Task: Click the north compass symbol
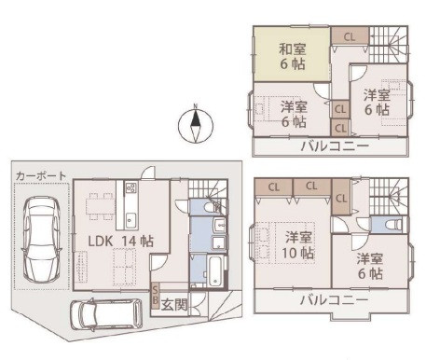pyautogui.click(x=196, y=125)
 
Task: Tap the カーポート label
pyautogui.click(x=41, y=176)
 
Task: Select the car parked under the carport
pyautogui.click(x=41, y=240)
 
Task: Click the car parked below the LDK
pyautogui.click(x=106, y=314)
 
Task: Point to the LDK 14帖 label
pyautogui.click(x=121, y=242)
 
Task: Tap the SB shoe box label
pyautogui.click(x=155, y=296)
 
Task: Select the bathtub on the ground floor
pyautogui.click(x=215, y=270)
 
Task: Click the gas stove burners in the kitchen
pyautogui.click(x=131, y=187)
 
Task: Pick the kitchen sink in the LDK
pyautogui.click(x=131, y=220)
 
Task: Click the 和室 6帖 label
pyautogui.click(x=292, y=57)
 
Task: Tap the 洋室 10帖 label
pyautogui.click(x=297, y=245)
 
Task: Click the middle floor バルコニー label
pyautogui.click(x=334, y=300)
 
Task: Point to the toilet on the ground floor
pyautogui.click(x=211, y=207)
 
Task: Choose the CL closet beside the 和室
pyautogui.click(x=350, y=37)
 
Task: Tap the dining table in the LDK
pyautogui.click(x=100, y=206)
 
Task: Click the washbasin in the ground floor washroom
pyautogui.click(x=219, y=225)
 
